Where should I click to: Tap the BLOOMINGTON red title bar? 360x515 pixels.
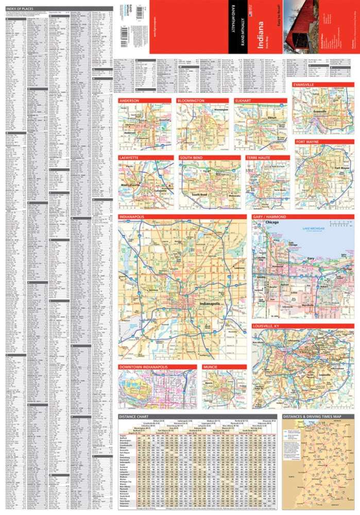tap(191, 100)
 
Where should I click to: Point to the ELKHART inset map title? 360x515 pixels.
tap(242, 100)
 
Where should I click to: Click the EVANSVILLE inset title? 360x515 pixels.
tap(307, 83)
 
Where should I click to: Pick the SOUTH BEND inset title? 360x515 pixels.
tap(194, 158)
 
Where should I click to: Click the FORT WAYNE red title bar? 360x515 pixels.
tap(309, 141)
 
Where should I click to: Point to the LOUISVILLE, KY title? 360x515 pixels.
tap(269, 327)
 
